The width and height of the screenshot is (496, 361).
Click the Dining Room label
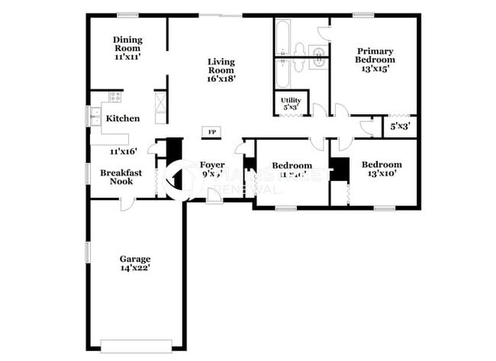[128, 46]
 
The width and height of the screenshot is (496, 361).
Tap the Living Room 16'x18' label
[221, 69]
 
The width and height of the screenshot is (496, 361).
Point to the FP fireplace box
[211, 132]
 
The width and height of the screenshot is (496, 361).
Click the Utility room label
[290, 104]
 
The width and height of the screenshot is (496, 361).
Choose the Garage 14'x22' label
[134, 263]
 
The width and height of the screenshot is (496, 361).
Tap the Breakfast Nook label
[117, 177]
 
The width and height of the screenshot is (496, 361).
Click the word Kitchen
[122, 118]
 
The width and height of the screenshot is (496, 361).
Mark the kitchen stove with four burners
[114, 97]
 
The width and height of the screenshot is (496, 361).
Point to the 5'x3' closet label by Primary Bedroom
[399, 127]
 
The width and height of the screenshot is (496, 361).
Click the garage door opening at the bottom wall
[137, 345]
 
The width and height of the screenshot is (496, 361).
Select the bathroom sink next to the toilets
[317, 53]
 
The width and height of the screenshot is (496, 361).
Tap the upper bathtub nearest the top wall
[282, 35]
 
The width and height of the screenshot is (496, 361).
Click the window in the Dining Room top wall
[128, 15]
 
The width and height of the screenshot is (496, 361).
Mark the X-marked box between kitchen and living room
[160, 107]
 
